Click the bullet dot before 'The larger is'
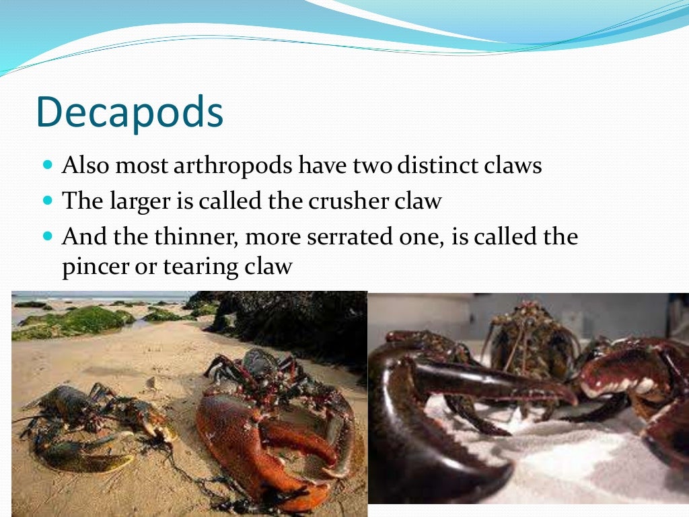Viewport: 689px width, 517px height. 47,201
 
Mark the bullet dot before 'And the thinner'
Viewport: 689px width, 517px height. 47,236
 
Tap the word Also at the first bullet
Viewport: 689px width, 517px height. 85,166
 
